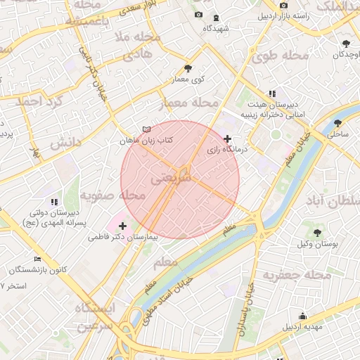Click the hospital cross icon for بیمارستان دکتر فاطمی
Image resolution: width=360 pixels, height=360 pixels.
(x=123, y=226)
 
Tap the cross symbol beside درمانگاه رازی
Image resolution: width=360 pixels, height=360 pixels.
(x=226, y=139)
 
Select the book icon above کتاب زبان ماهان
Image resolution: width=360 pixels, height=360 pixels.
(x=146, y=129)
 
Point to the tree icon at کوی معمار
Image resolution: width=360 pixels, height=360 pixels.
(x=188, y=68)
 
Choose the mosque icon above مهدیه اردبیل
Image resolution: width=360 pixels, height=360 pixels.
(x=302, y=316)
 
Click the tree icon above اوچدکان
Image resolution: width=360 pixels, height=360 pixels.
(x=346, y=44)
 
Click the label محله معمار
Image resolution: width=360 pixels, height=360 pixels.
(x=193, y=104)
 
